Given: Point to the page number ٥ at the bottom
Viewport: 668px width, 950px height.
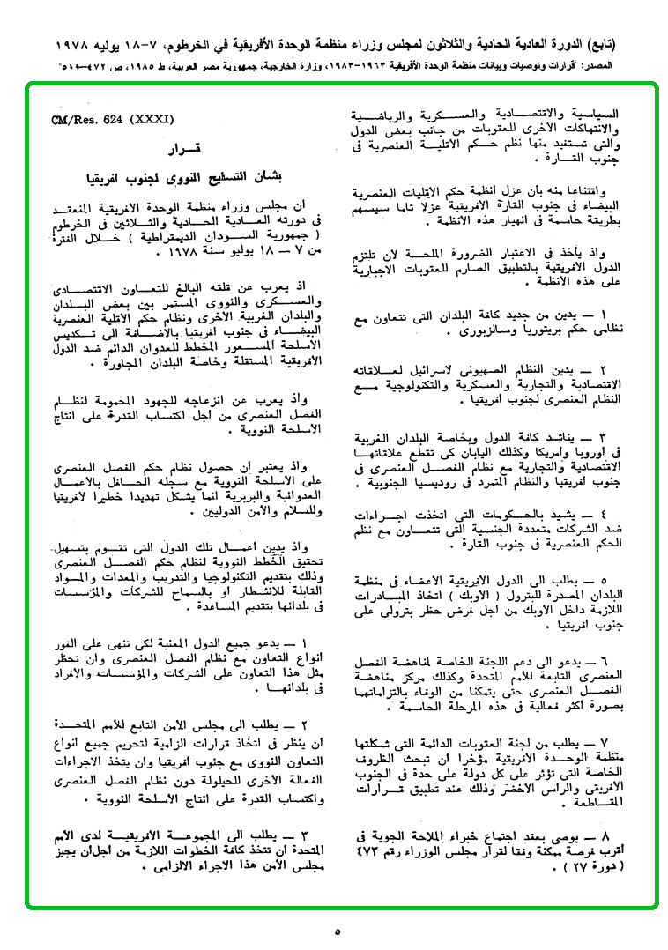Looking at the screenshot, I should tap(338, 931).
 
